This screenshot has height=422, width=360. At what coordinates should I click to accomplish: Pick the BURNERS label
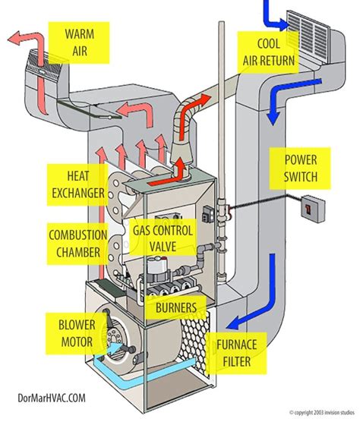pyautogui.click(x=176, y=308)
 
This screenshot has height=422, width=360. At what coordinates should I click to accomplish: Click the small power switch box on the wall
pyautogui.click(x=308, y=205)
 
